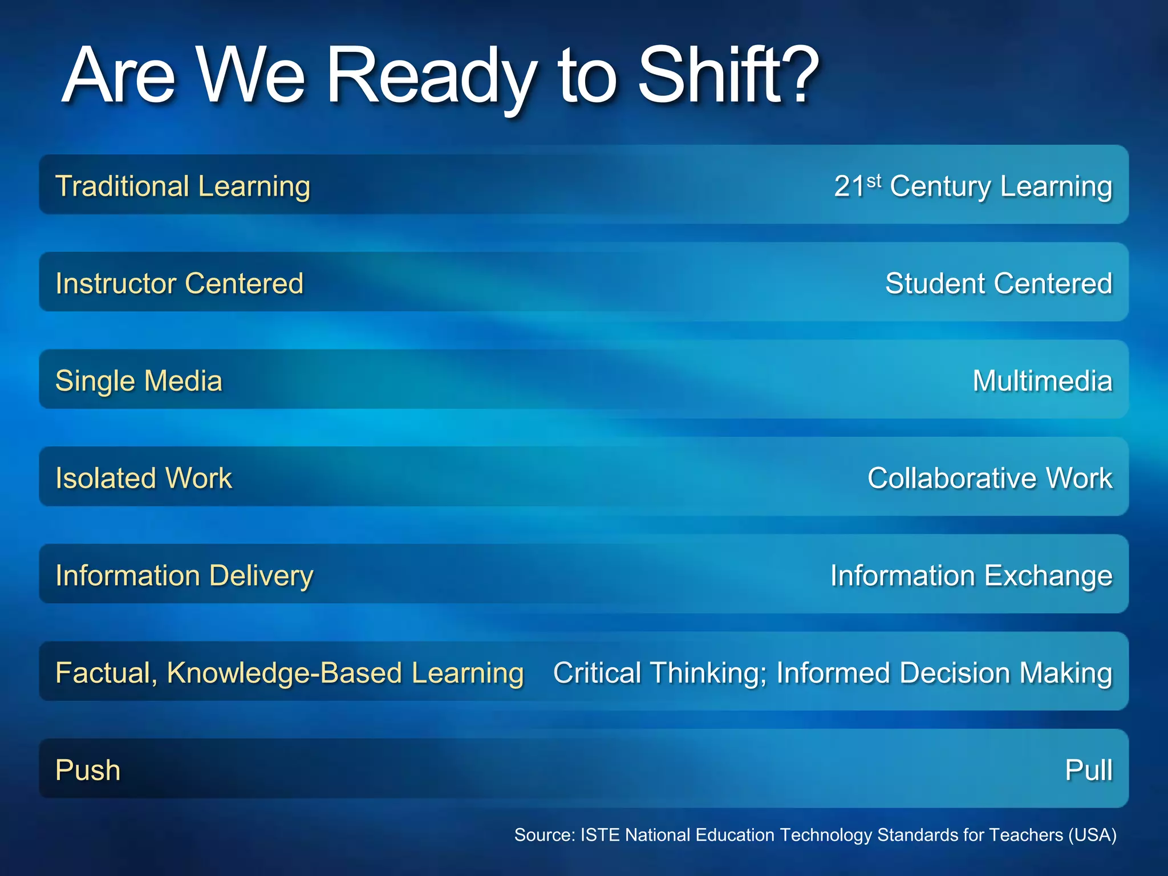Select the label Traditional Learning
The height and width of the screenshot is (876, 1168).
pyautogui.click(x=182, y=186)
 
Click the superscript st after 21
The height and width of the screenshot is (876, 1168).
pyautogui.click(x=874, y=181)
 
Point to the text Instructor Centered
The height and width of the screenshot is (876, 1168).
pyautogui.click(x=179, y=283)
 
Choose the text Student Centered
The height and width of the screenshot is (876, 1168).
pyautogui.click(x=998, y=283)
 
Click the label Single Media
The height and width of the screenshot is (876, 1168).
pyautogui.click(x=139, y=381)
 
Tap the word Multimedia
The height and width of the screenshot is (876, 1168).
pyautogui.click(x=1042, y=381)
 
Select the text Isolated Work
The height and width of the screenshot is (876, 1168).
pyautogui.click(x=144, y=478)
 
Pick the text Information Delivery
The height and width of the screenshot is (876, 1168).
pyautogui.click(x=184, y=575)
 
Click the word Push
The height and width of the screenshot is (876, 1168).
pyautogui.click(x=88, y=770)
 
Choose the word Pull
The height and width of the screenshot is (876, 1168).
pyautogui.click(x=1088, y=770)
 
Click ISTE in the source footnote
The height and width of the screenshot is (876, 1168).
pyautogui.click(x=599, y=835)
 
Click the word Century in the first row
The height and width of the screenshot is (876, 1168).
pyautogui.click(x=940, y=187)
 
